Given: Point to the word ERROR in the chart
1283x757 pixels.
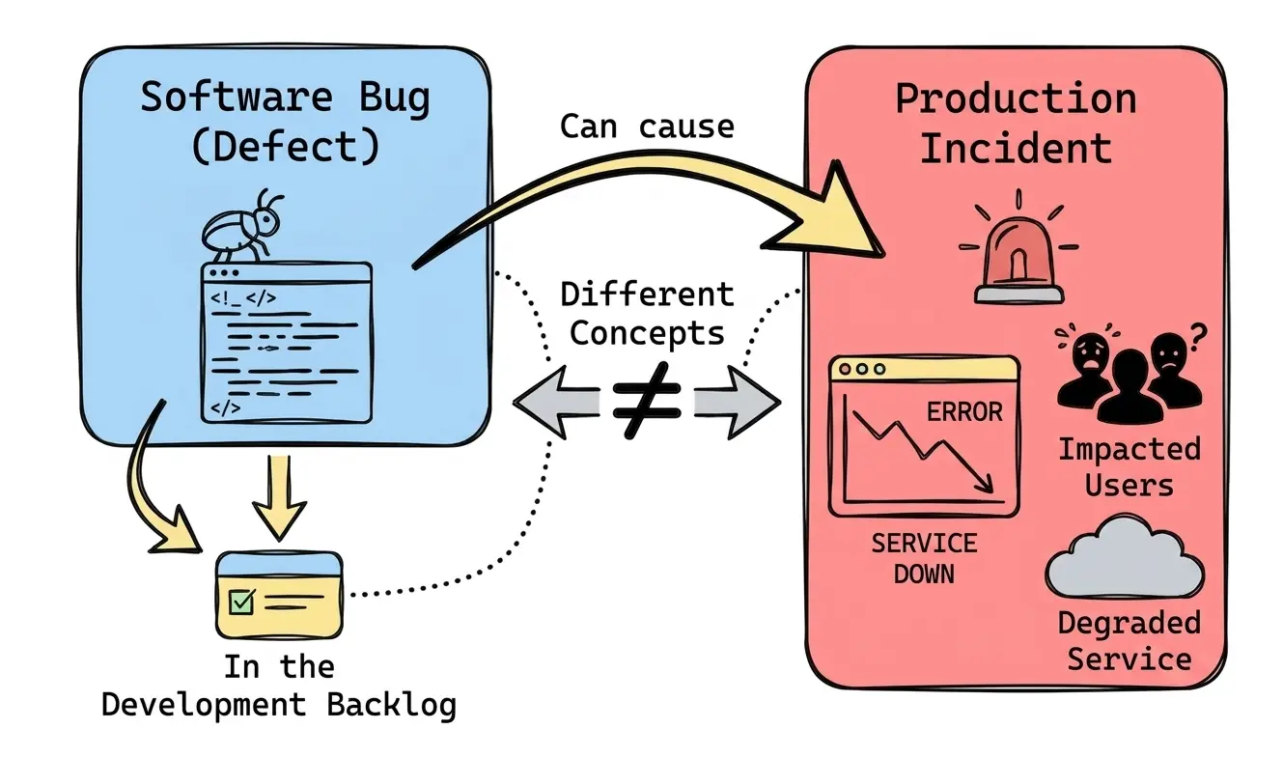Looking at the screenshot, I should coord(963,412).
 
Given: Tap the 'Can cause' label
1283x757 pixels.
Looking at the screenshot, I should coord(647,126).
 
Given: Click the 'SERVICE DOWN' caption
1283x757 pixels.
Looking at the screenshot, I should coord(924,558).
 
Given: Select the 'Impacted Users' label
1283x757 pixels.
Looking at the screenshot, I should coord(1129,465).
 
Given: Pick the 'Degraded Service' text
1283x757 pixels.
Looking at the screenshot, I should coord(1129,640).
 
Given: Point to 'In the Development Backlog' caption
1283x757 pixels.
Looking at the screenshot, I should coord(279,687).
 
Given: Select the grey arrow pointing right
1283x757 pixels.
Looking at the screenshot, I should coord(739,401).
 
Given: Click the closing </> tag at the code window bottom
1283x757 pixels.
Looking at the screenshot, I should coord(225,407).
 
